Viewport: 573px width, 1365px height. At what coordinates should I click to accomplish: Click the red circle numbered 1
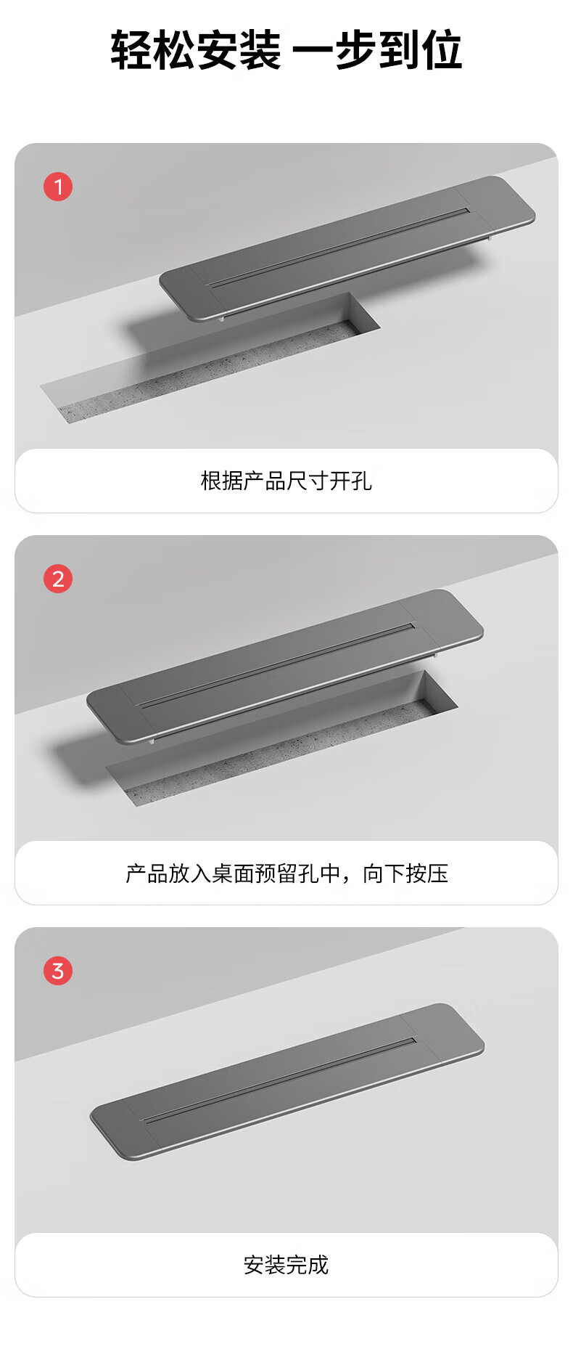pos(58,187)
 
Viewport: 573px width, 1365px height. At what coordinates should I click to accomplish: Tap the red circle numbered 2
pos(58,579)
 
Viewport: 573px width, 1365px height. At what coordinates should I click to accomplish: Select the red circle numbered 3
pos(58,971)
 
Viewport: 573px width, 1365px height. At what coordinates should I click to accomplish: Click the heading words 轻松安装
pos(196,50)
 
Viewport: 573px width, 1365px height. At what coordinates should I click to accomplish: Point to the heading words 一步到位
pos(377,50)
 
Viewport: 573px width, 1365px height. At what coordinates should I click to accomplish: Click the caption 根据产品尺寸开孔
pos(286,481)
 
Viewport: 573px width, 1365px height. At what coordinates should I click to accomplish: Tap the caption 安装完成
pos(286,1265)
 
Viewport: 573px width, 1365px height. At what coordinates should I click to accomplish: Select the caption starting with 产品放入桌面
pos(286,873)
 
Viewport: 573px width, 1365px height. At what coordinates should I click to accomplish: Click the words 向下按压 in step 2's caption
pos(405,873)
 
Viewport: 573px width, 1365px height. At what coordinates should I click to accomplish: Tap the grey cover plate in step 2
pos(285,667)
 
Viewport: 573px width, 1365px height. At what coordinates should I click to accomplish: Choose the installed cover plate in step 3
pos(287,1081)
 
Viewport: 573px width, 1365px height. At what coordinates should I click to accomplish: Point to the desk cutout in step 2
pos(282,738)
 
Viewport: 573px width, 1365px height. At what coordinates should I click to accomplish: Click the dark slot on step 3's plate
pos(279,1080)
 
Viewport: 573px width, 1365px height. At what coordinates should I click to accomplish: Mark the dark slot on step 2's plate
pos(276,666)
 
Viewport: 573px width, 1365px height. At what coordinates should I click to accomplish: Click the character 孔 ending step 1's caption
pos(361,481)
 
